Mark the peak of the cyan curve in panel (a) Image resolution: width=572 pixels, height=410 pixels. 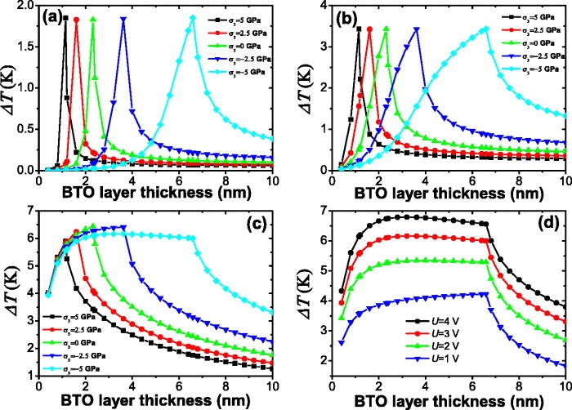[x=193, y=18]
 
